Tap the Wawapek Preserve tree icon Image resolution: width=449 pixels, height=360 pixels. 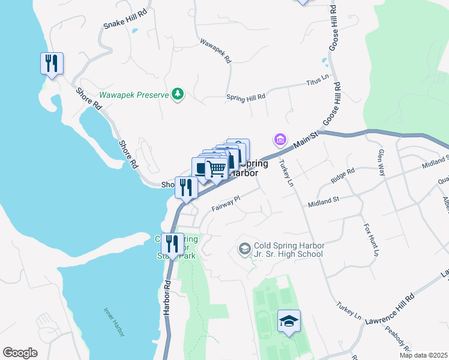click(177, 94)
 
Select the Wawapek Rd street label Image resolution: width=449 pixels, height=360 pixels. click(215, 52)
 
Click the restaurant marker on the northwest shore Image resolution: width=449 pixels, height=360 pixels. click(52, 63)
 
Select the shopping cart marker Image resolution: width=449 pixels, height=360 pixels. click(217, 168)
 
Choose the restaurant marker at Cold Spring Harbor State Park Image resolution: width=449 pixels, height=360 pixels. click(172, 244)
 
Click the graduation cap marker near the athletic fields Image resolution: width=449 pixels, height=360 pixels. click(289, 322)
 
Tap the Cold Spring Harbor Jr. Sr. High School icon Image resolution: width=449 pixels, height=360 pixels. click(244, 248)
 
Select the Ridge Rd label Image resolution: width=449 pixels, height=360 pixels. click(343, 176)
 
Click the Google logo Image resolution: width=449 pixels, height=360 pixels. click(20, 353)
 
